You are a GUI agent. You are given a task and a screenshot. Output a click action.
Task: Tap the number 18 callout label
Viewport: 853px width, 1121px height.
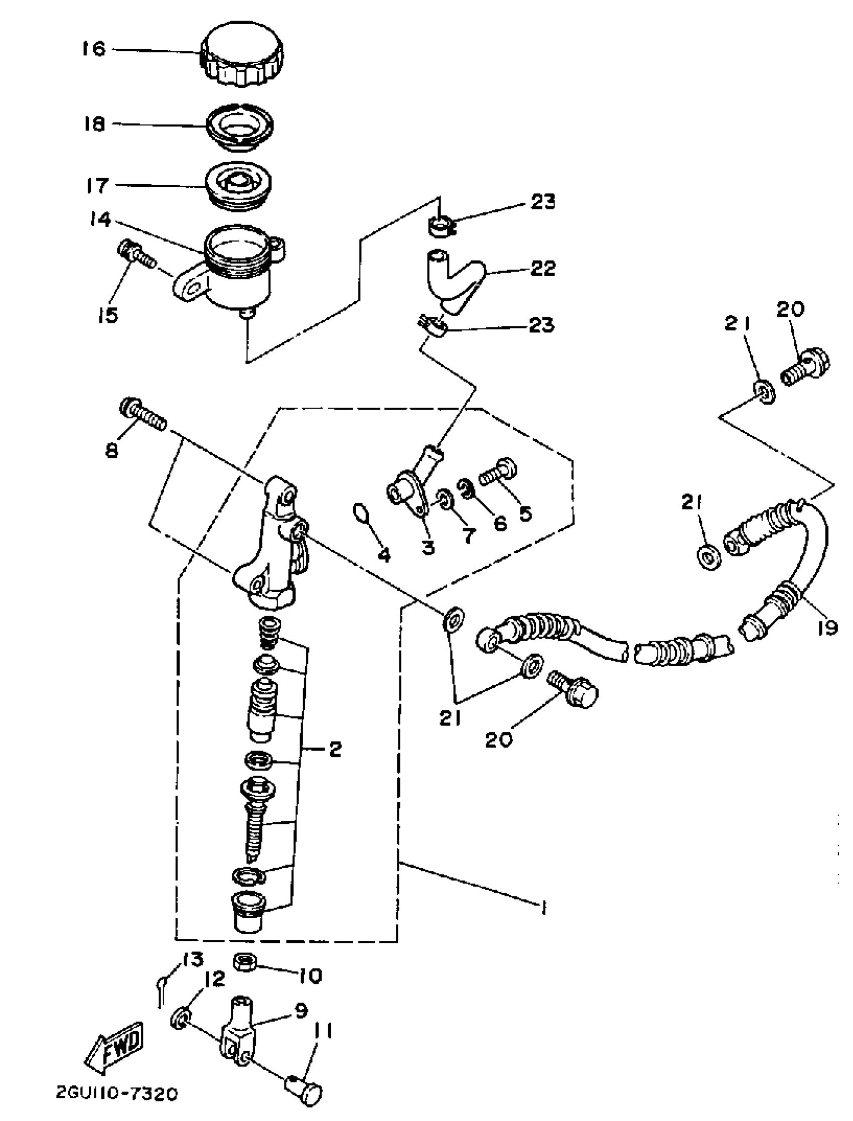[x=94, y=124]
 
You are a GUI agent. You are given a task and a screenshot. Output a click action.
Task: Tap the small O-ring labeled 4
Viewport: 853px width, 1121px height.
[x=361, y=513]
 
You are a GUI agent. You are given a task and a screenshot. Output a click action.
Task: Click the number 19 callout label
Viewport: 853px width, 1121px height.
[x=827, y=629]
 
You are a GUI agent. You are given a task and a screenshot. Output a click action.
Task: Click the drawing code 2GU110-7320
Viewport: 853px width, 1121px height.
[x=116, y=1107]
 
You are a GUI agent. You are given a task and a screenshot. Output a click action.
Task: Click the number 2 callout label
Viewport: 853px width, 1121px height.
[x=335, y=749]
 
